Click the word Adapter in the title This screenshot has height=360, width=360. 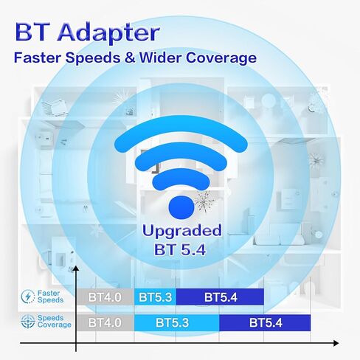108,32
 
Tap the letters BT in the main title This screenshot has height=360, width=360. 34,32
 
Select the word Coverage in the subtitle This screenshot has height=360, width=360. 221,58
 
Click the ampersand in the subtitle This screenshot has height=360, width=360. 130,58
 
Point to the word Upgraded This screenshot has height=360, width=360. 181,232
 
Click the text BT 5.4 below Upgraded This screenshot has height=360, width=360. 180,249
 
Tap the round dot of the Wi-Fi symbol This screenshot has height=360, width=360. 181,207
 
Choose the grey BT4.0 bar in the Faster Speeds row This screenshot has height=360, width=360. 105,297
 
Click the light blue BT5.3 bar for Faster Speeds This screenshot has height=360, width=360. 155,297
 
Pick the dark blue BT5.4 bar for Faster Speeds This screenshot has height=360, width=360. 220,297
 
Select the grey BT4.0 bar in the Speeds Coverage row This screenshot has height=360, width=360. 105,322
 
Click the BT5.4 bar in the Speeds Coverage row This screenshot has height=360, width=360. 265,322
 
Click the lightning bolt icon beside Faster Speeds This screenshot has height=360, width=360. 28,297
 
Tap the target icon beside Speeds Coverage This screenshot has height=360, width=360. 28,322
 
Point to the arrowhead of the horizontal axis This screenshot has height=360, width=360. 336,343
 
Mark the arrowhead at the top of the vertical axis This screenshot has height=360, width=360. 76,269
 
